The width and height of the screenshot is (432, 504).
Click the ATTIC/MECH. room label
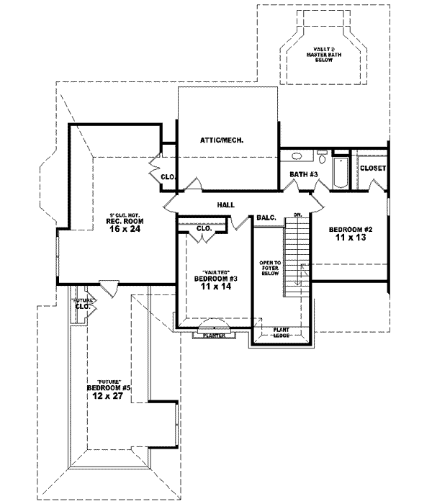point(222,140)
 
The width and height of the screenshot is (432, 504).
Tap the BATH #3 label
point(303,175)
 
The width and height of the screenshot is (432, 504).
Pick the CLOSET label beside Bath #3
point(373,168)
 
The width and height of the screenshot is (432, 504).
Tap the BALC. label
point(265,217)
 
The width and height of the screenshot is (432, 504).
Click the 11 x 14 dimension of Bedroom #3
point(216,286)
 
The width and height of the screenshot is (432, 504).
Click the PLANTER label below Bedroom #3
point(215,335)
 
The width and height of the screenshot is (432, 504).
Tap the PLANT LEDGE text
point(281,333)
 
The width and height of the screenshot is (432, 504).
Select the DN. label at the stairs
point(297,215)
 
